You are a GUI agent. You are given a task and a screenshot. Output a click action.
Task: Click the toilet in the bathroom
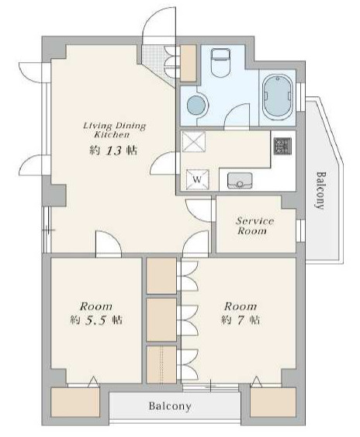[220, 63]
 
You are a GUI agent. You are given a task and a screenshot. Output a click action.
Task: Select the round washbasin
[197, 106]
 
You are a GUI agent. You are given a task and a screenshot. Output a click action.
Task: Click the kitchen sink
[240, 180]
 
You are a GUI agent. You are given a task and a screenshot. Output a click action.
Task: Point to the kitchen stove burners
[283, 146]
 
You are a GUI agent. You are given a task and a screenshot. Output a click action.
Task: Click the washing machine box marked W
[197, 179]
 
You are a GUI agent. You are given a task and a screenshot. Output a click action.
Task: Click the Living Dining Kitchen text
[114, 130]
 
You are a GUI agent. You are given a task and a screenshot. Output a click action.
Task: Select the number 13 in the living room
[114, 151]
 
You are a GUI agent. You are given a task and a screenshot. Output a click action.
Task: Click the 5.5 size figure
[95, 321]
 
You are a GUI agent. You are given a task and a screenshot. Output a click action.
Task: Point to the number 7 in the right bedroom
[240, 320]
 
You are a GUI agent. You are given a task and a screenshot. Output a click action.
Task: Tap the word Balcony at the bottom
[170, 405]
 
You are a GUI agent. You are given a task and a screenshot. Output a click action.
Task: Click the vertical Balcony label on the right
[320, 190]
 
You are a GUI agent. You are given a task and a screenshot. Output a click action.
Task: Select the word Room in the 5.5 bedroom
[96, 307]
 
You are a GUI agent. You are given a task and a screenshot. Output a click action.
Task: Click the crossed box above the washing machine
[194, 142]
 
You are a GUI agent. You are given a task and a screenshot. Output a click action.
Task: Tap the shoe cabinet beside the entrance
[189, 64]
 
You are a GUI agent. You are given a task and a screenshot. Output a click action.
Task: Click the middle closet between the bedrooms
[161, 319]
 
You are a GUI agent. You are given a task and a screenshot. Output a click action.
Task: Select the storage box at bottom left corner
[75, 402]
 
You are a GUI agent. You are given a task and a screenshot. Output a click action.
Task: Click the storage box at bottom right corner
[273, 402]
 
